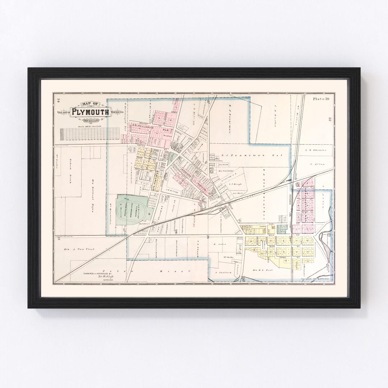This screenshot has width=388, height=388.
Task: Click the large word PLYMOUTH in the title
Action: pos(90,112)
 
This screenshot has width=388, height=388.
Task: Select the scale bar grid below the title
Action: pos(89,134)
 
